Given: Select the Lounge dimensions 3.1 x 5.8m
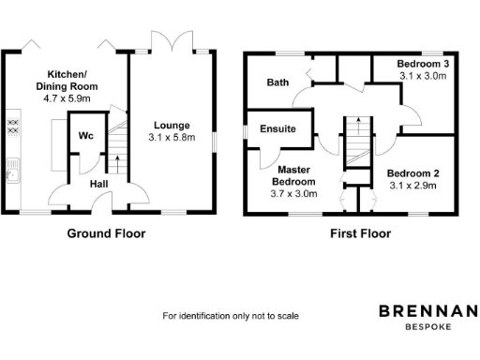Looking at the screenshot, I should click(172, 138).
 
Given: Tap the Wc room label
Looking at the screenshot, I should click(85, 136).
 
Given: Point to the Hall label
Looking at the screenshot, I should click(98, 185).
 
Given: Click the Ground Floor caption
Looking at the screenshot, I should click(106, 232).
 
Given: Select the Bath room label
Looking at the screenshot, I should click(277, 82).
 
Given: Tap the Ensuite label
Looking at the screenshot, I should click(278, 128).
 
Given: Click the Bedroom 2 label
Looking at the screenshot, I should click(413, 173).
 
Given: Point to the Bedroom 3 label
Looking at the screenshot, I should click(424, 63).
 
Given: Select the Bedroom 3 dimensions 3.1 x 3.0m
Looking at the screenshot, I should click(424, 75).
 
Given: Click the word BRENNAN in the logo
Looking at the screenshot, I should click(427, 311).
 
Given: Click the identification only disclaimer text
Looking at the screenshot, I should click(231, 316).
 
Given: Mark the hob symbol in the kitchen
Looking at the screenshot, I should click(14, 125).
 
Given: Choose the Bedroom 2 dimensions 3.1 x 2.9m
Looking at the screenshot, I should click(413, 186).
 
